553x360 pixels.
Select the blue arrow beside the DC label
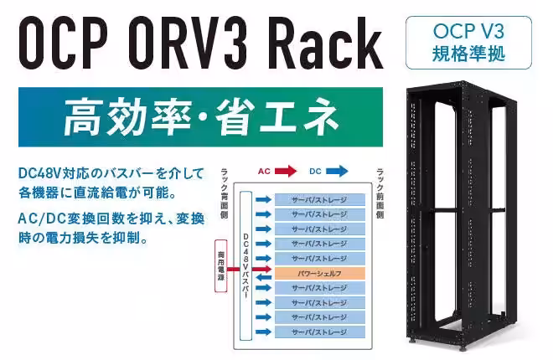[337, 172]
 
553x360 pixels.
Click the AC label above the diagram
[263, 172]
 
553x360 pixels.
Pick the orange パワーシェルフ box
[319, 273]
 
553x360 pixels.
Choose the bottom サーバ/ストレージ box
[319, 332]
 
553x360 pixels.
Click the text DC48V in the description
[39, 174]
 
